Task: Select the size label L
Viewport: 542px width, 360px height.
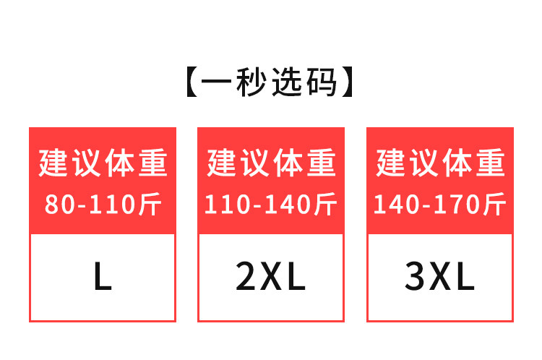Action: (103, 277)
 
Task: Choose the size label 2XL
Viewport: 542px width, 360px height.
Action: (271, 277)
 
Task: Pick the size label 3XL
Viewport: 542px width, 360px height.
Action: (439, 277)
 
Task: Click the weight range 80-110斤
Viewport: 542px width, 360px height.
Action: (103, 205)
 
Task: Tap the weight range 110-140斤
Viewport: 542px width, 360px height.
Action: (271, 205)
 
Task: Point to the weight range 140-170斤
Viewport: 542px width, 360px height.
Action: (439, 205)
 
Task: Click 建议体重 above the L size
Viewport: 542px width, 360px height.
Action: (103, 163)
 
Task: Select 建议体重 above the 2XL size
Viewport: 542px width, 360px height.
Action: (271, 163)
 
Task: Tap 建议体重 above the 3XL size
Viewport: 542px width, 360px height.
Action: (439, 163)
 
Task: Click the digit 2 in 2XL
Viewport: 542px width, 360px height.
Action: (246, 277)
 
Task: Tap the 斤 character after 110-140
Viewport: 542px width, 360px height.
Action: (326, 205)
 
